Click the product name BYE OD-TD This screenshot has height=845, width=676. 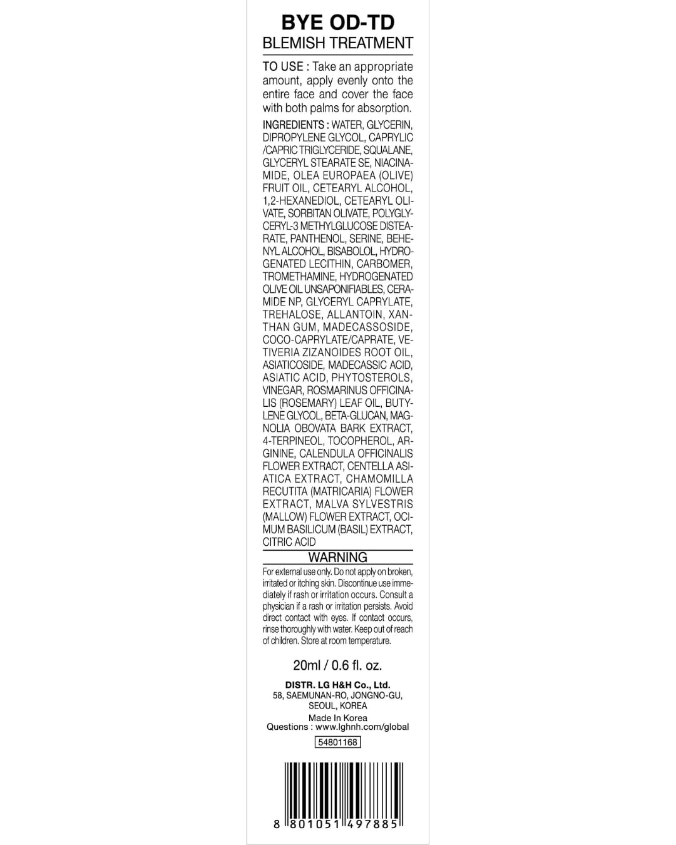[337, 23]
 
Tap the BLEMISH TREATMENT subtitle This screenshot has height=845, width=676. [337, 43]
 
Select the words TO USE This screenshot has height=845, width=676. [283, 66]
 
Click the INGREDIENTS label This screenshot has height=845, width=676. [293, 125]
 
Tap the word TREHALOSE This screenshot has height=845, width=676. [292, 314]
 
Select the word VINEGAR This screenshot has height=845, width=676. [282, 390]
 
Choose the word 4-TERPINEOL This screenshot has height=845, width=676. [292, 441]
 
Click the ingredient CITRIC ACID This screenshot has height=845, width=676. [289, 542]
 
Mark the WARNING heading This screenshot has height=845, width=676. [337, 557]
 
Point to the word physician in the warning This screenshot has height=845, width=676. [281, 607]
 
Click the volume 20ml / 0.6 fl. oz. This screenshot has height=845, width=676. [337, 665]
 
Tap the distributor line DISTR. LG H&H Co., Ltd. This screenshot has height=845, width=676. [337, 685]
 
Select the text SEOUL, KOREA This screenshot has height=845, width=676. [337, 705]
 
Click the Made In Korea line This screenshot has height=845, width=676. [337, 718]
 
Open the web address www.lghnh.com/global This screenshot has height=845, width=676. [362, 727]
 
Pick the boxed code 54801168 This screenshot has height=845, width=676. [337, 742]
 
